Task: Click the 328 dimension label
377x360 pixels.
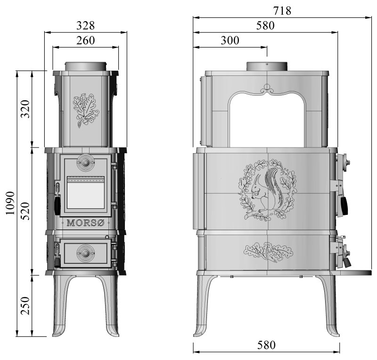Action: pyautogui.click(x=86, y=25)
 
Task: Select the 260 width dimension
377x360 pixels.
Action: pyautogui.click(x=86, y=40)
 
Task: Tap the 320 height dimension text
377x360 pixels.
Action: pyautogui.click(x=26, y=109)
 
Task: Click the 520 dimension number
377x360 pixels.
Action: pyautogui.click(x=26, y=211)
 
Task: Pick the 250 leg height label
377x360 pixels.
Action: pyautogui.click(x=26, y=305)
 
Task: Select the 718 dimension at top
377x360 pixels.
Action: pyautogui.click(x=282, y=10)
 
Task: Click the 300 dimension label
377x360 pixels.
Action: pyautogui.click(x=230, y=40)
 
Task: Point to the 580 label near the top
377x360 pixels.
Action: pyautogui.click(x=265, y=25)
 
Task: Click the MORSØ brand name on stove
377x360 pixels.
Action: pyautogui.click(x=85, y=223)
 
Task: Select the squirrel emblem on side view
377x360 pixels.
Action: pyautogui.click(x=267, y=190)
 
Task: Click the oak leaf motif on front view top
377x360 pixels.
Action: pyautogui.click(x=85, y=109)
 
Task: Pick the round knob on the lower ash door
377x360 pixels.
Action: pyautogui.click(x=85, y=251)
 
